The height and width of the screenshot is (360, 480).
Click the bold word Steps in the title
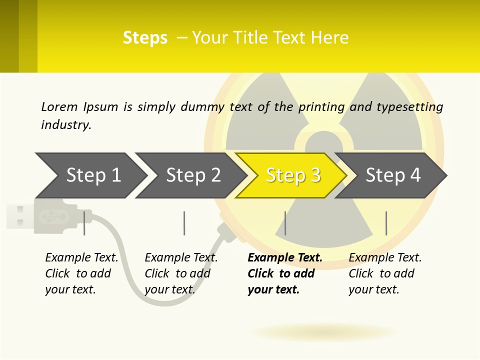pos(145,38)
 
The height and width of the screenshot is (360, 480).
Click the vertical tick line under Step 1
pos(84,223)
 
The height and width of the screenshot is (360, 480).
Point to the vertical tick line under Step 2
pos(184,223)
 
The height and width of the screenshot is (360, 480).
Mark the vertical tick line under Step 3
pos(285,223)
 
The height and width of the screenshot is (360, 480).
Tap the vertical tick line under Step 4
pos(386,223)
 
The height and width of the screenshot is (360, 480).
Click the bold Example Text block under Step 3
pos(284,273)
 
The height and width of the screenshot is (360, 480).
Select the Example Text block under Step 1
pos(81,273)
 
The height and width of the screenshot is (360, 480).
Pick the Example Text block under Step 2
pos(180,273)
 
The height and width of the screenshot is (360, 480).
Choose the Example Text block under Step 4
pos(384,273)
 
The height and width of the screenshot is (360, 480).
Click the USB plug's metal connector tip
pos(19,216)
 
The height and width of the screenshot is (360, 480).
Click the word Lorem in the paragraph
pos(59,106)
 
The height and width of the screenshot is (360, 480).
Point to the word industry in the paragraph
pos(65,125)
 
